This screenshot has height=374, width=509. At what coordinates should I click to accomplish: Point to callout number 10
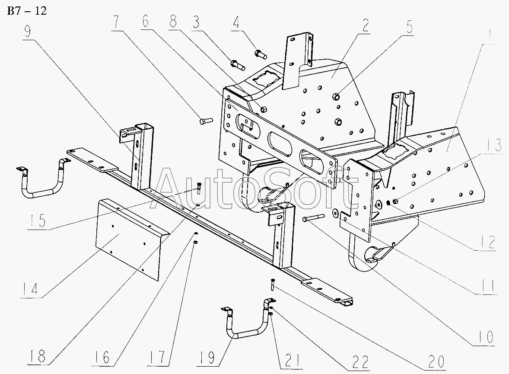tap(485, 336)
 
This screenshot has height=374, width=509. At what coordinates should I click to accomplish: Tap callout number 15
tap(37, 221)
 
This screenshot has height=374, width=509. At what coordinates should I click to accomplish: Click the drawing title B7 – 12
tap(27, 11)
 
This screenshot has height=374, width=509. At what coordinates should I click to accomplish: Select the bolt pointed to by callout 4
tap(261, 54)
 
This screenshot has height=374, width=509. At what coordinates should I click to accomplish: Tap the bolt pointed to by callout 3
tap(238, 65)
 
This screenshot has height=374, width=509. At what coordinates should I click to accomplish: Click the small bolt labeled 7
tap(205, 121)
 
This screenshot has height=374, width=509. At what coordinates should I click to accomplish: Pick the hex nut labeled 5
tap(337, 96)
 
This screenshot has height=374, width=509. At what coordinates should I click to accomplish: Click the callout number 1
tap(490, 32)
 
